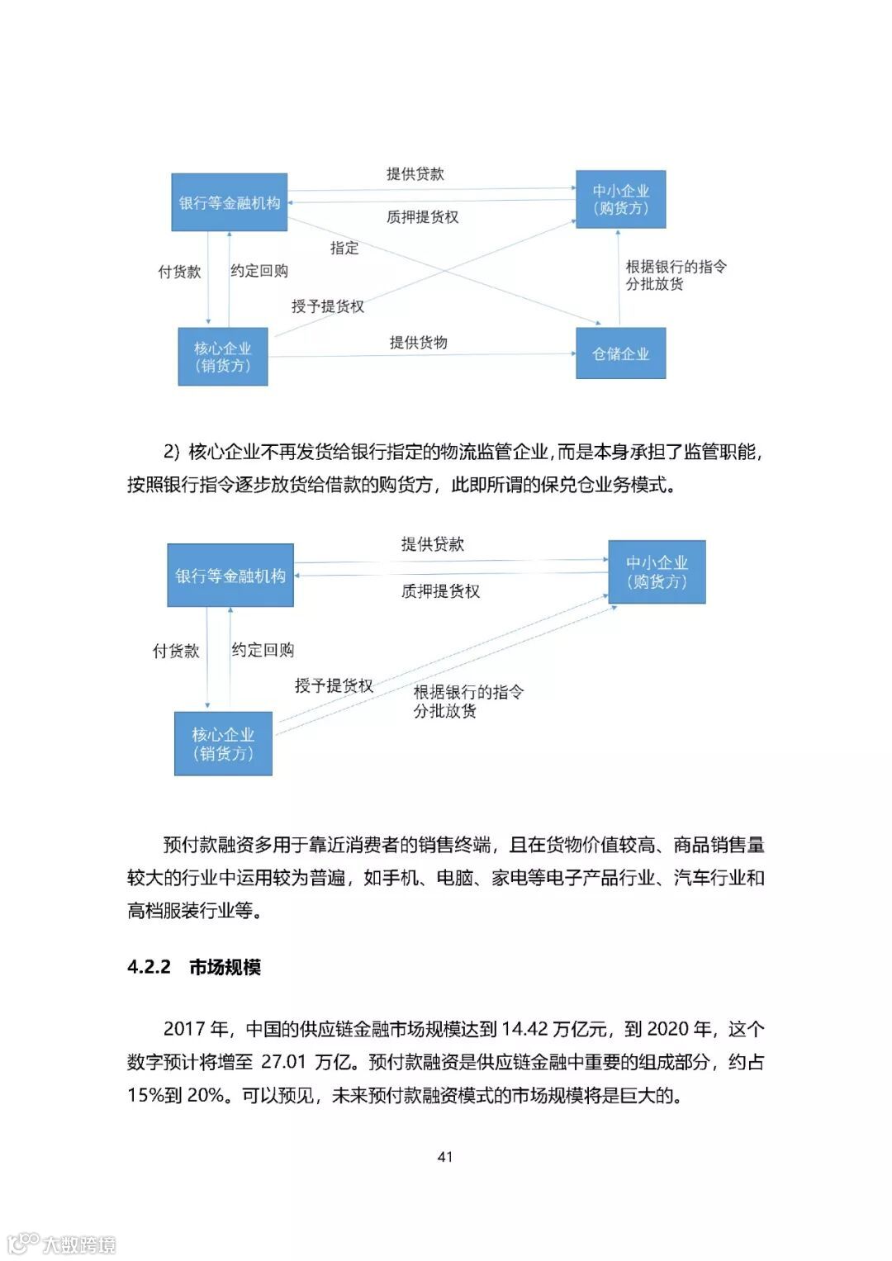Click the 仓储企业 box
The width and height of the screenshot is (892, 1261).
pos(620,353)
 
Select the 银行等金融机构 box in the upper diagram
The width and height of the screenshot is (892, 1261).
pos(229,202)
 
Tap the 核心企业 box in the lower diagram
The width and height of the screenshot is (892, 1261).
pos(223,743)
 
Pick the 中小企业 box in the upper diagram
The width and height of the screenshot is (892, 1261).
pos(620,199)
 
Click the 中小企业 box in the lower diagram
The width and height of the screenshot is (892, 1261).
pos(657,571)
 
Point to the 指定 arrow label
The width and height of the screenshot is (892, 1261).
pos(344,248)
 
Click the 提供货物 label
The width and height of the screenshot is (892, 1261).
pos(418,342)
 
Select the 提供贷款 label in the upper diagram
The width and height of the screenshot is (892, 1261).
pos(415,173)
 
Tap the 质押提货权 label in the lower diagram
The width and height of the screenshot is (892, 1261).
pos(440,590)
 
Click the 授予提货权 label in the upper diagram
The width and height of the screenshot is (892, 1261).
pos(327,306)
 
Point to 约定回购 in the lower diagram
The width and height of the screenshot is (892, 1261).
pos(263,650)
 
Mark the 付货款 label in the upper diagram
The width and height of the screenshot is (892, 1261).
pos(179,272)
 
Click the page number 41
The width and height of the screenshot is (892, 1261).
pos(445,1156)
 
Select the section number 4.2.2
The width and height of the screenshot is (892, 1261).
pos(149,967)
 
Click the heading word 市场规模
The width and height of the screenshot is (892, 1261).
pos(225,967)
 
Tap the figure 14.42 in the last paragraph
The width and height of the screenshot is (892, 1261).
pos(524,1029)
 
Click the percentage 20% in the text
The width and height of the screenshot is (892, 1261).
pos(206,1095)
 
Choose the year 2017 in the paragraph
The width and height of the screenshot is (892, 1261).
pos(184,1029)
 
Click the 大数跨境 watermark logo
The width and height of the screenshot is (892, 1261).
pos(62,1244)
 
